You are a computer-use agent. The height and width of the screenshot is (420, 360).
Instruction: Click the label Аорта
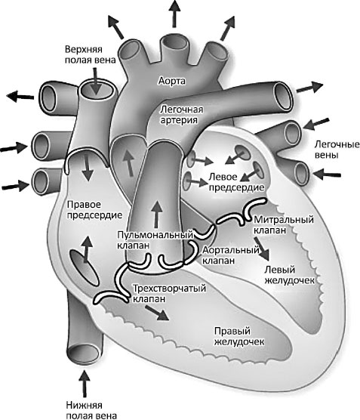(171, 81)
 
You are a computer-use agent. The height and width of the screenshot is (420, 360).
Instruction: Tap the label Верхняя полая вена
(91, 54)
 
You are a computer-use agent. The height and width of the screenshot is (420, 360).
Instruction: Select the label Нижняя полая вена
(91, 410)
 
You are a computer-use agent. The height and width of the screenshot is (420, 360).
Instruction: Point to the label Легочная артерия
(181, 115)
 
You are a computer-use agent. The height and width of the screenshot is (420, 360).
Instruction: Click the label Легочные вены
(337, 150)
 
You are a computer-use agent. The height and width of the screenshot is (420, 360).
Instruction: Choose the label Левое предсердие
(236, 182)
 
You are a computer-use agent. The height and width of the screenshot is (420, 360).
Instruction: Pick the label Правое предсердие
(94, 210)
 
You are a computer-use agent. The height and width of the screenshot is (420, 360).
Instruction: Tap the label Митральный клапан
(284, 225)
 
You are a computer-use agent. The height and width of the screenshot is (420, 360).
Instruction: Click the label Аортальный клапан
(231, 255)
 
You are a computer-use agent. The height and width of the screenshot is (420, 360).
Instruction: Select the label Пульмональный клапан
(155, 240)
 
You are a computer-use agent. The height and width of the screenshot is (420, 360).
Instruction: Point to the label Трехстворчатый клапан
(169, 294)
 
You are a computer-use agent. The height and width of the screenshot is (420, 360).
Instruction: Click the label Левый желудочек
(289, 275)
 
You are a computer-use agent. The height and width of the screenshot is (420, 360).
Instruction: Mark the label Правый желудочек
(239, 336)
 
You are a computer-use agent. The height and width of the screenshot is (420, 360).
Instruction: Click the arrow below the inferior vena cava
(85, 384)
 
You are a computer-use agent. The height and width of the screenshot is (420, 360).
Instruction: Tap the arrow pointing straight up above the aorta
(174, 14)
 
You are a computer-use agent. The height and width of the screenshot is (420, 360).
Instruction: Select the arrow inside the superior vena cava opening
(96, 81)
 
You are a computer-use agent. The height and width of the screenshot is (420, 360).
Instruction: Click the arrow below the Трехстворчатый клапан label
(158, 313)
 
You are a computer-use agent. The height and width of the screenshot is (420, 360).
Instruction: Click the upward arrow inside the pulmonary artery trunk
(157, 215)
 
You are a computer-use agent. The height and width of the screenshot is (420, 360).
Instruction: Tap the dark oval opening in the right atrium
(84, 267)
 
